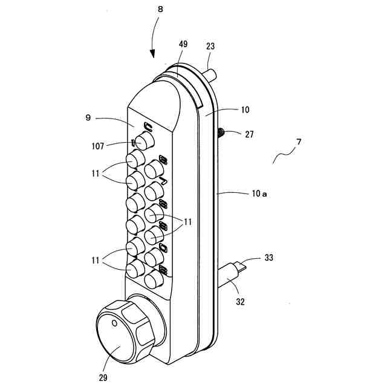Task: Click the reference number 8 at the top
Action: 160,10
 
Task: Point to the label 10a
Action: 259,194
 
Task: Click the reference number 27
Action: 249,134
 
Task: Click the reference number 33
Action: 269,258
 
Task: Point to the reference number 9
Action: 88,118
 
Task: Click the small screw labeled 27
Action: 221,132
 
